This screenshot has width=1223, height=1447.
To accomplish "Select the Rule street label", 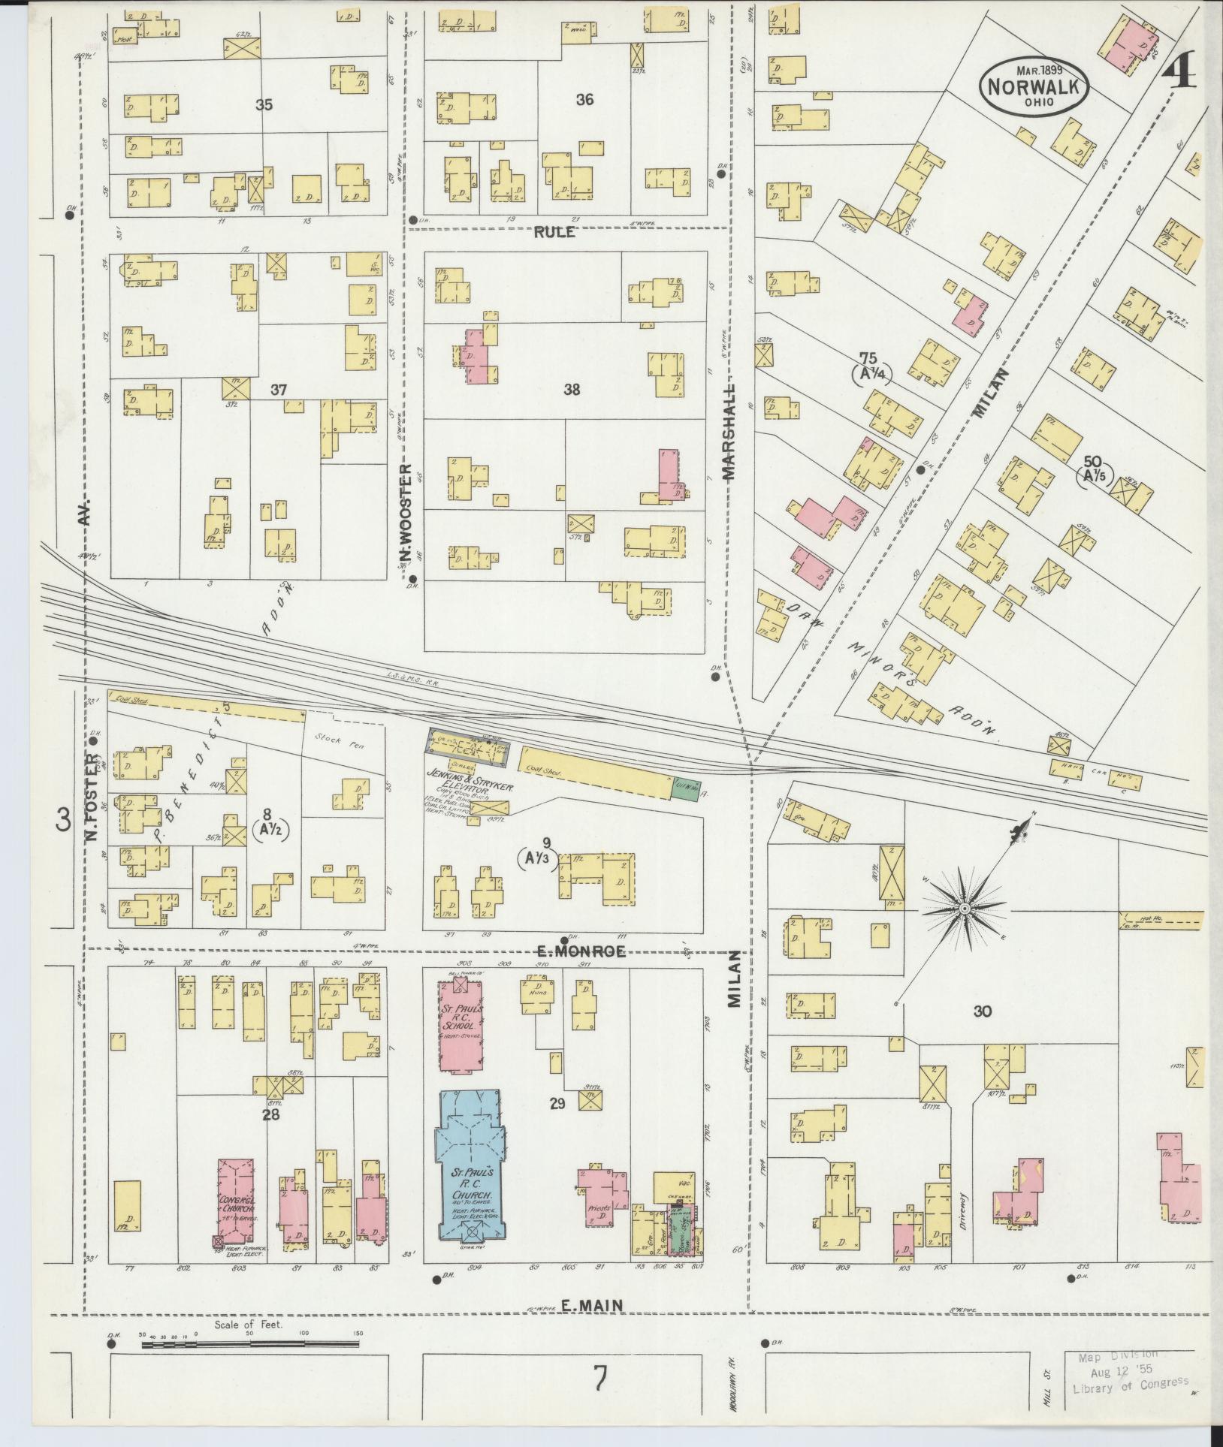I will click(554, 232).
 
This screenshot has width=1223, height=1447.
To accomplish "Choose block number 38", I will click(572, 390).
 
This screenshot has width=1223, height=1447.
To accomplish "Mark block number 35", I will click(264, 105).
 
